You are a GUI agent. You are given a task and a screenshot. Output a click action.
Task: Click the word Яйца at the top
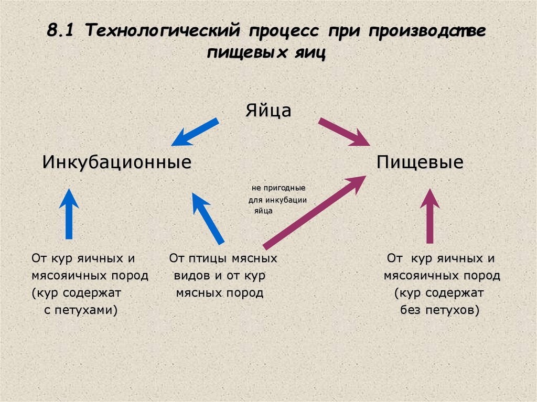[x=268, y=111]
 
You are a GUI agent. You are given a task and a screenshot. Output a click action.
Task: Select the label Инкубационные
[x=116, y=162]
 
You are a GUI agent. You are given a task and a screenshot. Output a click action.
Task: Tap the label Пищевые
[x=420, y=162]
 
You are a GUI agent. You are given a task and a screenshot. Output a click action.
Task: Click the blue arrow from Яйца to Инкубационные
[x=195, y=132]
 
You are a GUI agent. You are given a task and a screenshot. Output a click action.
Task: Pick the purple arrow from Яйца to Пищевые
[x=344, y=132]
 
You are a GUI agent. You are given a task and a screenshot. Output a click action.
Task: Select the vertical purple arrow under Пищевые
[x=430, y=216]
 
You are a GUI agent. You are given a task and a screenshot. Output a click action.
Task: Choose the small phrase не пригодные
[x=278, y=187]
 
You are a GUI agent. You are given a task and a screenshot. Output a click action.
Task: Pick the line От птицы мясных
[x=223, y=258]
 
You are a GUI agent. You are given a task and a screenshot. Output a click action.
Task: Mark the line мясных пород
[x=219, y=293]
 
